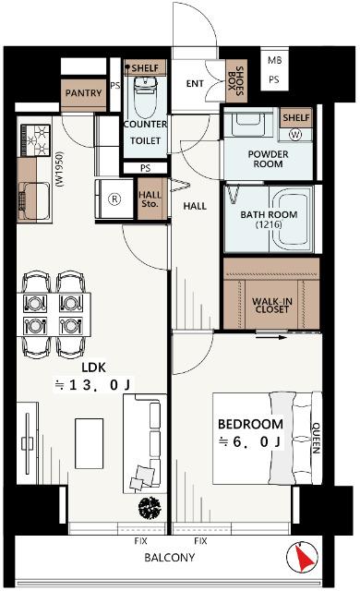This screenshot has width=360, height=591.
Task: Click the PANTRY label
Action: pyautogui.click(x=83, y=92)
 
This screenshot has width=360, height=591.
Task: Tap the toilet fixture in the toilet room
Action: pyautogui.click(x=145, y=96)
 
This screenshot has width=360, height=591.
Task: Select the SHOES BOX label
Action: pyautogui.click(x=236, y=81)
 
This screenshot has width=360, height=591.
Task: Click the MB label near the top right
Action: pyautogui.click(x=274, y=60)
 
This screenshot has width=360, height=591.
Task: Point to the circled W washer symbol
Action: pyautogui.click(x=295, y=135)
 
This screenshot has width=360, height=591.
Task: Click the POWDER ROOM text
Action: pyautogui.click(x=268, y=159)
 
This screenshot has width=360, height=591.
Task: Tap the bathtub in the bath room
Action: pyautogui.click(x=292, y=219)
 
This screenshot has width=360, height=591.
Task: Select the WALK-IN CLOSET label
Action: pyautogui.click(x=272, y=306)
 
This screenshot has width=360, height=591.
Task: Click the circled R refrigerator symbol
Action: pyautogui.click(x=114, y=199)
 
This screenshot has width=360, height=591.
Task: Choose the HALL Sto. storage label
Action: pyautogui.click(x=150, y=199)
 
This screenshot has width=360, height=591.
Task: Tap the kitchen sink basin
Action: pyautogui.click(x=34, y=201)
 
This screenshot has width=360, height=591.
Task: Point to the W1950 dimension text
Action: pyautogui.click(x=60, y=169)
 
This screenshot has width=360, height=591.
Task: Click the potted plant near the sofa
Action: pyautogui.click(x=150, y=507)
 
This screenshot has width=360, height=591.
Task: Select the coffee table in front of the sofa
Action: pyautogui.click(x=89, y=443)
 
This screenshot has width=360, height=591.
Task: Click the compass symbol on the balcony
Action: pyautogui.click(x=302, y=557)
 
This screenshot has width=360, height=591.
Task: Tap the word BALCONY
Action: pyautogui.click(x=170, y=558)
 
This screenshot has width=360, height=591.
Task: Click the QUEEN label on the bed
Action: pyautogui.click(x=316, y=438)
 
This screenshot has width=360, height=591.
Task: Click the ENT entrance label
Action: pyautogui.click(x=195, y=84)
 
